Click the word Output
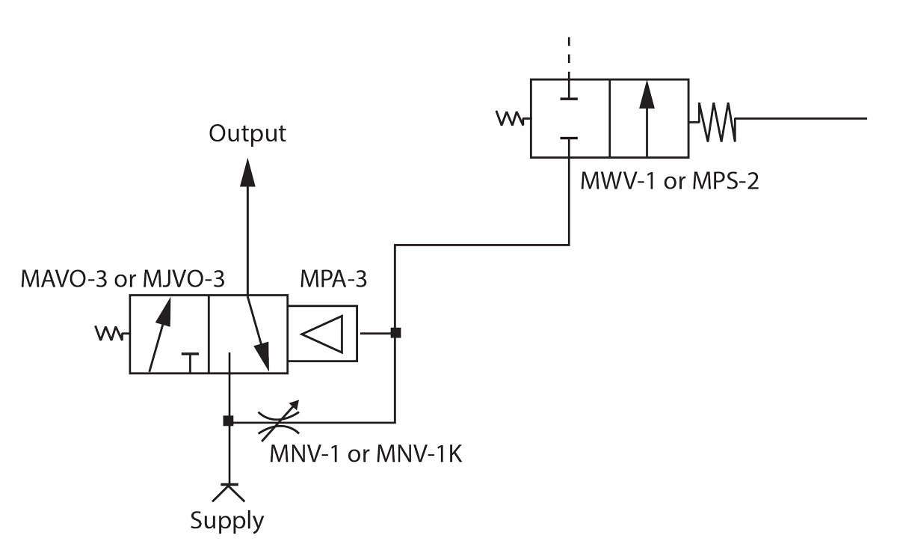coord(247,134)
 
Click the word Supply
coord(227,521)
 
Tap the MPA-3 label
coord(333,279)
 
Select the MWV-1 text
coord(617,181)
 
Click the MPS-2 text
coord(725,181)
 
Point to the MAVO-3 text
coord(64,279)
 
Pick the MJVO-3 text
coord(184,279)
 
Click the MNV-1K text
coord(419,454)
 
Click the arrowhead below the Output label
coord(247,173)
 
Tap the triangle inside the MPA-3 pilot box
coord(322,334)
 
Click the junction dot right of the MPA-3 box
coord(395,332)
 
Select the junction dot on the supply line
coord(228,421)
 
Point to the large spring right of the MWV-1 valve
coord(717,122)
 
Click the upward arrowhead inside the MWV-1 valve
coord(647,94)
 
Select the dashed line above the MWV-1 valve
coord(569,56)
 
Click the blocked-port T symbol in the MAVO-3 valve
coord(190,363)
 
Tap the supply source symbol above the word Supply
coord(228,493)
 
